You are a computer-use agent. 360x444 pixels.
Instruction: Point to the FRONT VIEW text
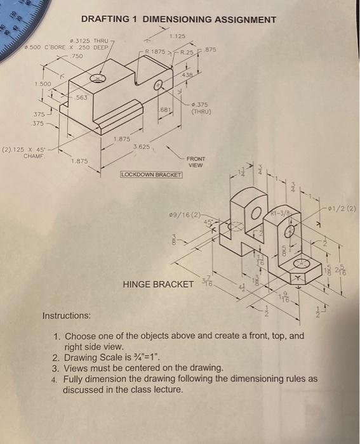click(x=196, y=162)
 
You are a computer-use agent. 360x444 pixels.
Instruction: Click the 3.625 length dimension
click(x=141, y=147)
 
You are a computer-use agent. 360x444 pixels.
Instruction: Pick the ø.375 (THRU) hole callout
click(x=201, y=108)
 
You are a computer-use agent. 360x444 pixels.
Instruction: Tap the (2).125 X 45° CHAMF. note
click(x=27, y=153)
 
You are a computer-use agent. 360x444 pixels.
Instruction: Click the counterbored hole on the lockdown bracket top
click(x=98, y=78)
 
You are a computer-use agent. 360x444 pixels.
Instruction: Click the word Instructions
click(x=66, y=315)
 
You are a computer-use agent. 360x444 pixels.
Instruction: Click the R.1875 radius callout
click(x=155, y=51)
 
